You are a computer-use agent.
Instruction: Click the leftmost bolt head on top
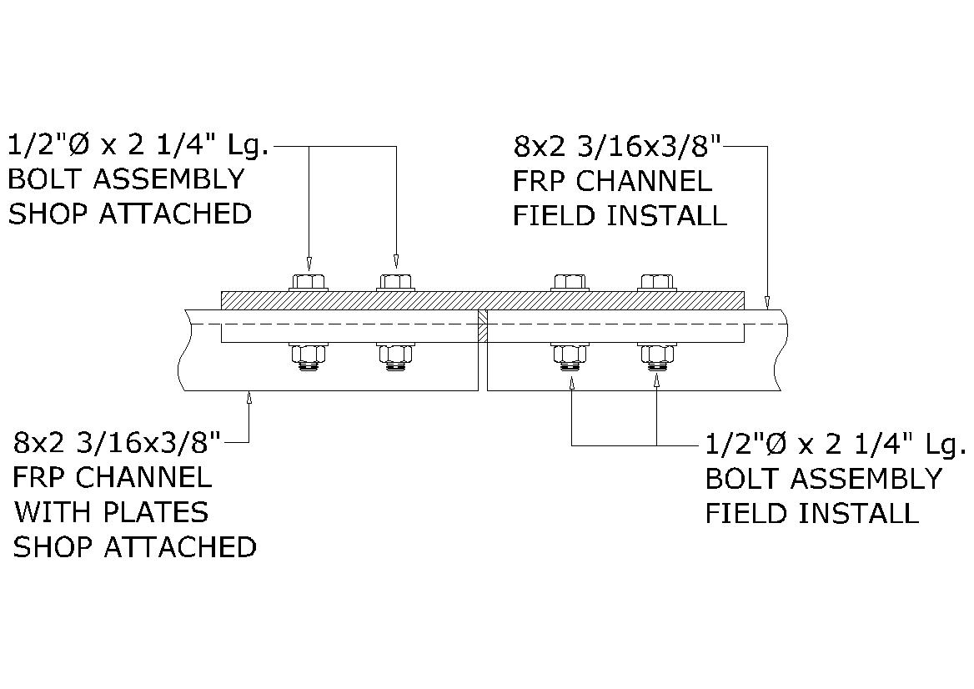[309, 281]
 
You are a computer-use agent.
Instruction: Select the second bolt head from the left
[395, 281]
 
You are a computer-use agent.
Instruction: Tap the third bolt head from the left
[570, 281]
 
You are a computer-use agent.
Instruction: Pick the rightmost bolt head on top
[657, 281]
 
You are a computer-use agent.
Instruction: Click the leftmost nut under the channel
[309, 354]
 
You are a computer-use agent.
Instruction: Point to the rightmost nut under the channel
[657, 354]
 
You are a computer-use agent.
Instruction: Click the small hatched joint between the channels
[482, 325]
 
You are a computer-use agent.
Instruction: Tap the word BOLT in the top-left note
[41, 179]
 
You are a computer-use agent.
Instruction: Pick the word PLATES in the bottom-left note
[166, 512]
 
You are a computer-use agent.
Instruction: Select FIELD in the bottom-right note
[745, 513]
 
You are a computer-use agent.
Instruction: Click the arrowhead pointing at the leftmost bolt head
[309, 260]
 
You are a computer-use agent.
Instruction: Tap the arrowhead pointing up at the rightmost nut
[657, 382]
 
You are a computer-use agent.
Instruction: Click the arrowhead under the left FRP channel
[249, 399]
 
